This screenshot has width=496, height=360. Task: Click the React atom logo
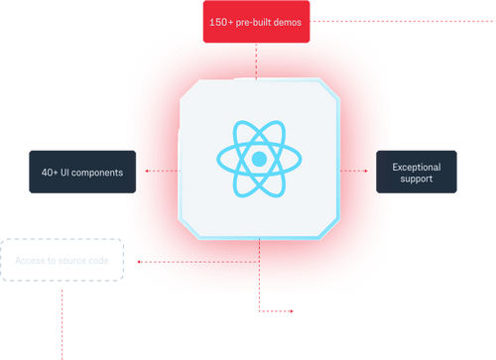258,158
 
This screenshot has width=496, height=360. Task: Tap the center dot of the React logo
258,159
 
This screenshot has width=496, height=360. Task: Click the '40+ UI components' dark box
81,173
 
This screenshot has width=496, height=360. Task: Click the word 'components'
101,173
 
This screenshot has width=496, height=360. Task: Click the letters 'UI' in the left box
68,173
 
